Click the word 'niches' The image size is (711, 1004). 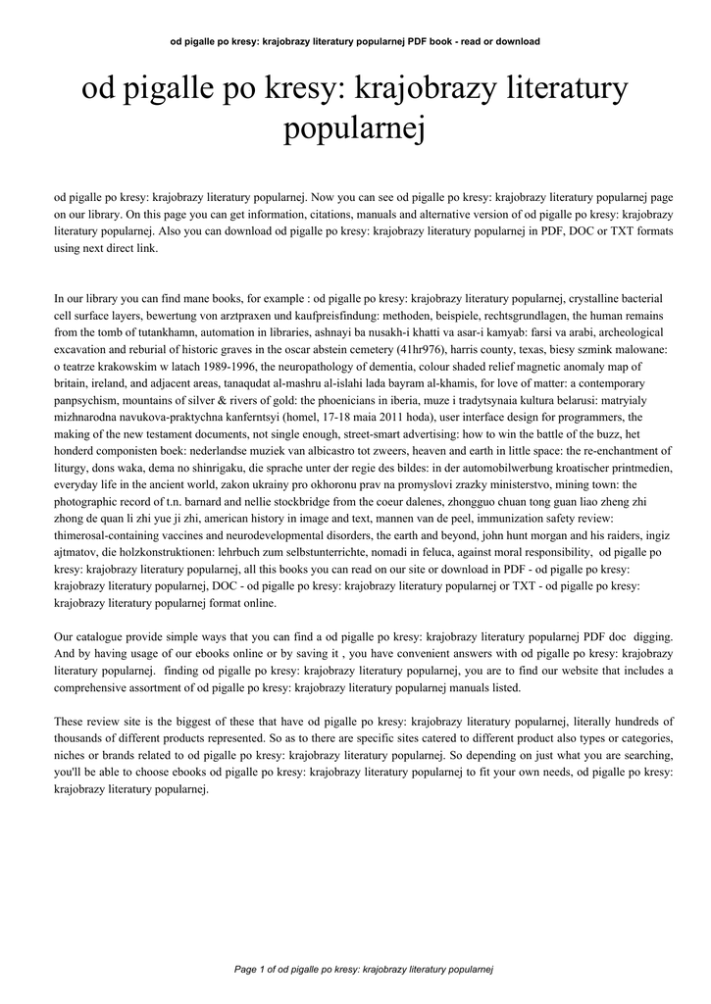click(x=72, y=756)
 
